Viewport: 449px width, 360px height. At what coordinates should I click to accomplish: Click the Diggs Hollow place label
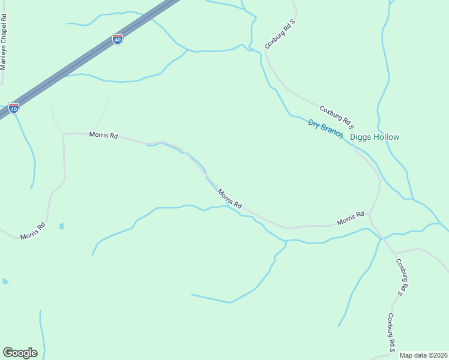pyautogui.click(x=374, y=137)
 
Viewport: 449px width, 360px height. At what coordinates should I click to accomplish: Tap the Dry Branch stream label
pyautogui.click(x=325, y=128)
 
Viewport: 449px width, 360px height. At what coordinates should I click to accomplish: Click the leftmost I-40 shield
pyautogui.click(x=14, y=108)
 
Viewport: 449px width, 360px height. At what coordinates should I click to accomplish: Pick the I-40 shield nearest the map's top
pyautogui.click(x=118, y=40)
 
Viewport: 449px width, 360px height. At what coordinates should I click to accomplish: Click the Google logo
pyautogui.click(x=20, y=353)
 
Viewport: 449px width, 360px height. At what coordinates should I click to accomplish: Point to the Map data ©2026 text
pyautogui.click(x=423, y=355)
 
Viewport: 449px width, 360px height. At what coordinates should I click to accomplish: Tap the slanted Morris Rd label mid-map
pyautogui.click(x=229, y=199)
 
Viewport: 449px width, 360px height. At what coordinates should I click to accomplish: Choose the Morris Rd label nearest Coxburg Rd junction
pyautogui.click(x=351, y=218)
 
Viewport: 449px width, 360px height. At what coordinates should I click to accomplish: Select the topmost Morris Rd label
pyautogui.click(x=103, y=135)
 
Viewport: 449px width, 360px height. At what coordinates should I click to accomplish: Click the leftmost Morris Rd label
pyautogui.click(x=33, y=232)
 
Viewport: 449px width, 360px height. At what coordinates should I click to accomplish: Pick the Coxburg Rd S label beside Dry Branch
pyautogui.click(x=337, y=118)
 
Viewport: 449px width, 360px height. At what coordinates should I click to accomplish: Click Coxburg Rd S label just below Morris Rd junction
pyautogui.click(x=403, y=277)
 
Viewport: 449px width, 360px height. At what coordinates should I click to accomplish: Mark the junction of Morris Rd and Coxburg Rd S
pyautogui.click(x=370, y=215)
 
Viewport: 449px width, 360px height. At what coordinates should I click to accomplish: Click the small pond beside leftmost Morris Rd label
pyautogui.click(x=61, y=227)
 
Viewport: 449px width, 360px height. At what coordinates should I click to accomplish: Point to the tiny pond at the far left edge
pyautogui.click(x=5, y=281)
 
